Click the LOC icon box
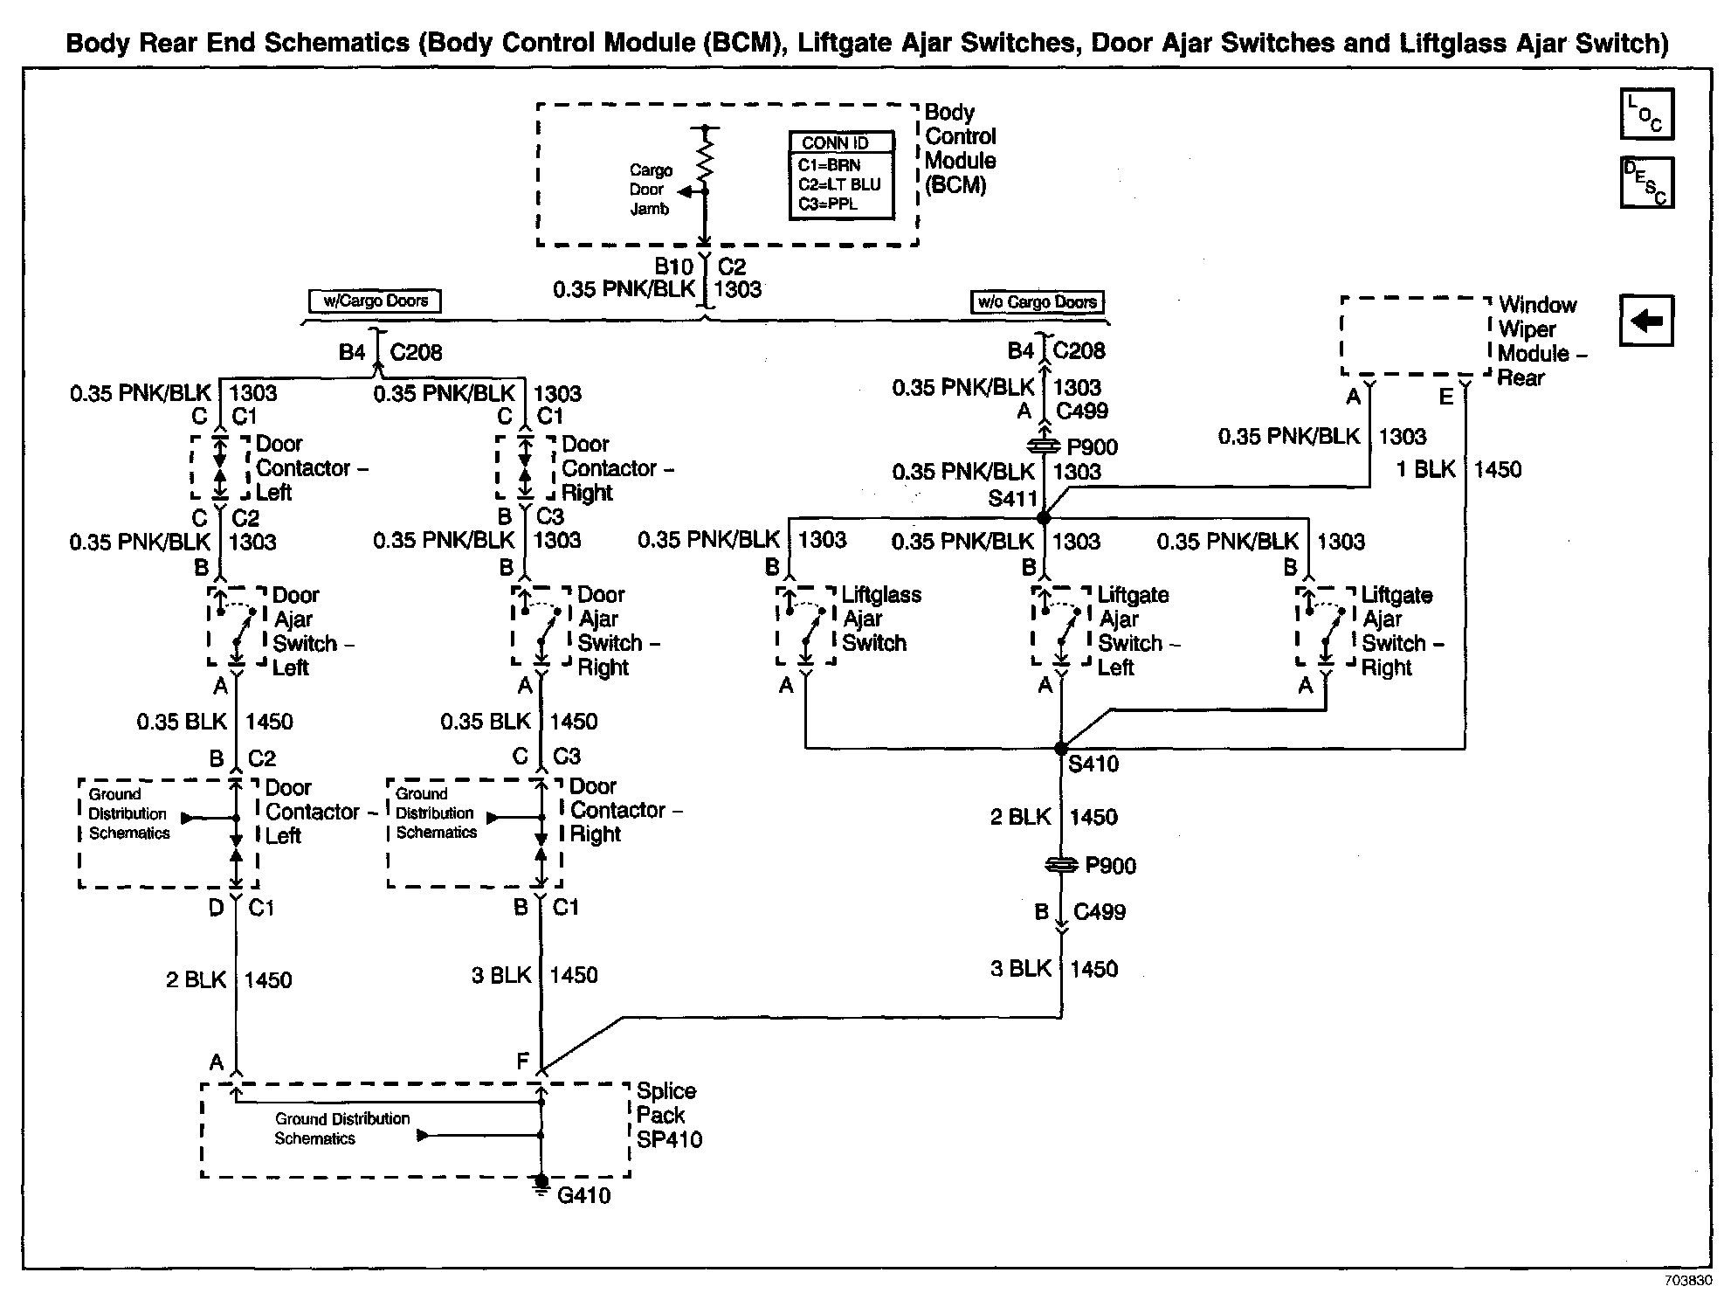[x=1646, y=114]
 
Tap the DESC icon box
[x=1646, y=183]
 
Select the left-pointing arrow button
[x=1646, y=322]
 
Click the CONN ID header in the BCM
[x=841, y=142]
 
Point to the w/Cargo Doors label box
[x=376, y=301]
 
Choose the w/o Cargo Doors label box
[x=1037, y=302]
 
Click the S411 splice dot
[x=1043, y=518]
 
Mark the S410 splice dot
[x=1061, y=749]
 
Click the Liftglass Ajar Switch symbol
[x=806, y=626]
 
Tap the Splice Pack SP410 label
[x=668, y=1115]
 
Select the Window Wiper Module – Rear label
[x=1541, y=341]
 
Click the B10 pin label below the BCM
[x=673, y=266]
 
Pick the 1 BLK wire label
[x=1425, y=469]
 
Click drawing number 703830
[x=1687, y=1281]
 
